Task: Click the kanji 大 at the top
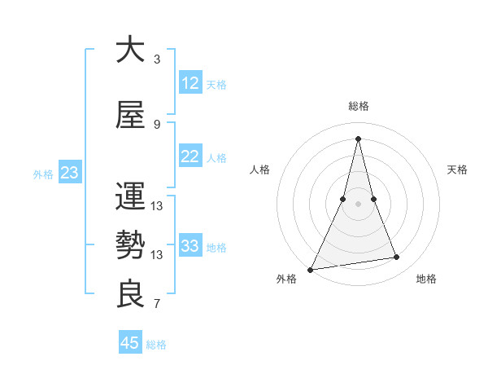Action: [130, 50]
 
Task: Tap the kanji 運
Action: [130, 196]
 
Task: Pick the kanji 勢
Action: [130, 245]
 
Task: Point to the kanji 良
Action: [130, 294]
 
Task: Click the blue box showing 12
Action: [190, 83]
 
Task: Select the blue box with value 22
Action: [190, 156]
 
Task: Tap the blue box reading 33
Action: [190, 246]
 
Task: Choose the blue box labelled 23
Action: [69, 173]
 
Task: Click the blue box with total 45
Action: [130, 343]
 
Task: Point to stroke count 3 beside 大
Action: [157, 59]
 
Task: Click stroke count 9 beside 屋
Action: [157, 125]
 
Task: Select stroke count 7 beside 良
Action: [157, 305]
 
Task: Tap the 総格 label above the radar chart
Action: [359, 106]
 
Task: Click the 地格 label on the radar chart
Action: [426, 280]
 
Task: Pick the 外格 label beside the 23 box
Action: [43, 174]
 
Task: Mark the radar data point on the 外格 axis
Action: [311, 269]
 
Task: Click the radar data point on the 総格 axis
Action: [359, 138]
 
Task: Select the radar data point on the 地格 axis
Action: [397, 258]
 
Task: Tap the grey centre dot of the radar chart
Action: [359, 205]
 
